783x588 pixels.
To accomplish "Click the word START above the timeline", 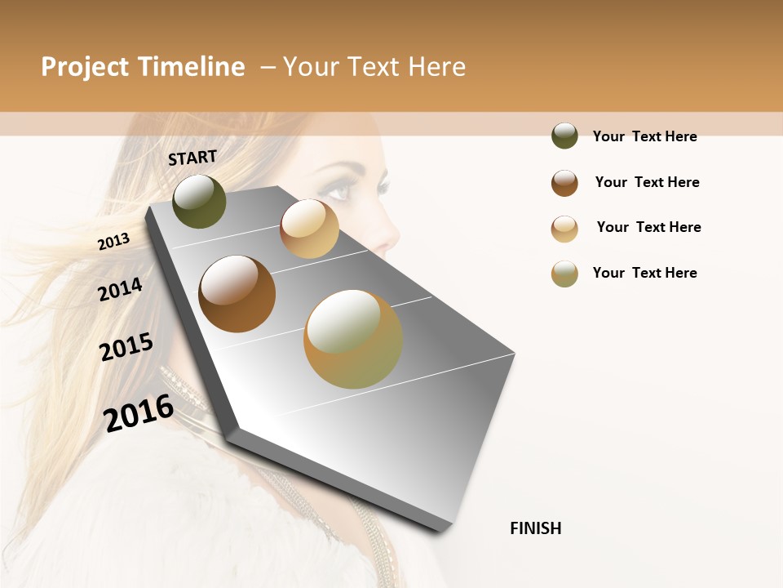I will pyautogui.click(x=192, y=157).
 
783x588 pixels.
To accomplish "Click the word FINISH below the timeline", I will pyautogui.click(x=535, y=528).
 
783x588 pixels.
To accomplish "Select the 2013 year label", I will pyautogui.click(x=113, y=241).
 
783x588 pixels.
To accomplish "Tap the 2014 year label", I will pyautogui.click(x=120, y=289).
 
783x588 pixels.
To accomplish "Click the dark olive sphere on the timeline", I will pyautogui.click(x=199, y=201).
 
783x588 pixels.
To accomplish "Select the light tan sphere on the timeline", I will pyautogui.click(x=309, y=229).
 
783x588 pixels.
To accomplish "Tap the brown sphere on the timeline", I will pyautogui.click(x=237, y=294).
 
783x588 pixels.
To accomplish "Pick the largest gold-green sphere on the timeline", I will pyautogui.click(x=353, y=339).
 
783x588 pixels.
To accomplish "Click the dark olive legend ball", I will pyautogui.click(x=564, y=136).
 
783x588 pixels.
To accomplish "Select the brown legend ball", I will pyautogui.click(x=564, y=183).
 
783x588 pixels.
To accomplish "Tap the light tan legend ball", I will pyautogui.click(x=564, y=229).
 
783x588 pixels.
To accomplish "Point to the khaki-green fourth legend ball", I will pyautogui.click(x=564, y=274).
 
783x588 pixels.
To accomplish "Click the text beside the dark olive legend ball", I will pyautogui.click(x=644, y=136).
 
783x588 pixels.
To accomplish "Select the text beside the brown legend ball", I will pyautogui.click(x=647, y=182).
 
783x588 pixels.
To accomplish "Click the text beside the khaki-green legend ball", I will pyautogui.click(x=644, y=273).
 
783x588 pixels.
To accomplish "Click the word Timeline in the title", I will pyautogui.click(x=192, y=67).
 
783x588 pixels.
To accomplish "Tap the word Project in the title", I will pyautogui.click(x=84, y=67).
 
